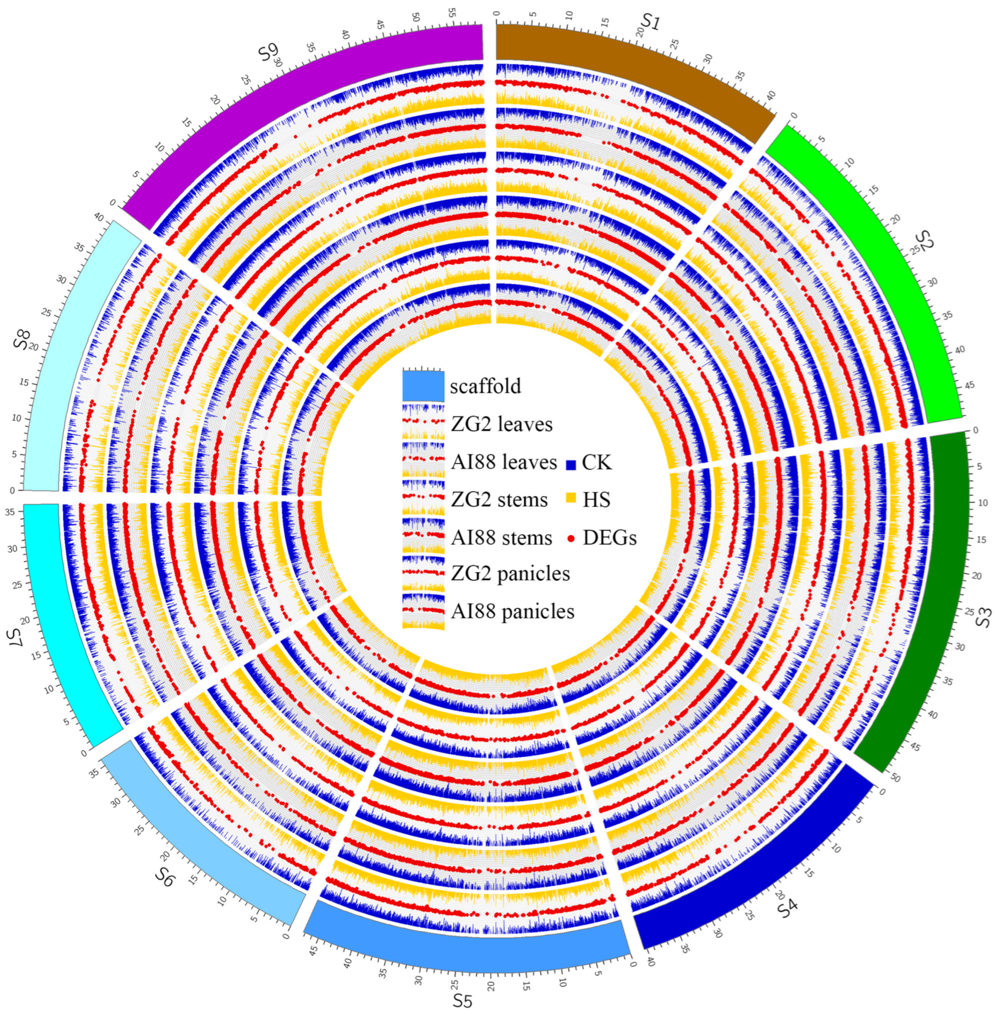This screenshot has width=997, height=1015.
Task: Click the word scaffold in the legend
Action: point(485,386)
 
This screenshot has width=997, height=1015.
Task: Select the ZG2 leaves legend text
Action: point(501,424)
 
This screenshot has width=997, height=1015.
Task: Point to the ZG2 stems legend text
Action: point(499,500)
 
